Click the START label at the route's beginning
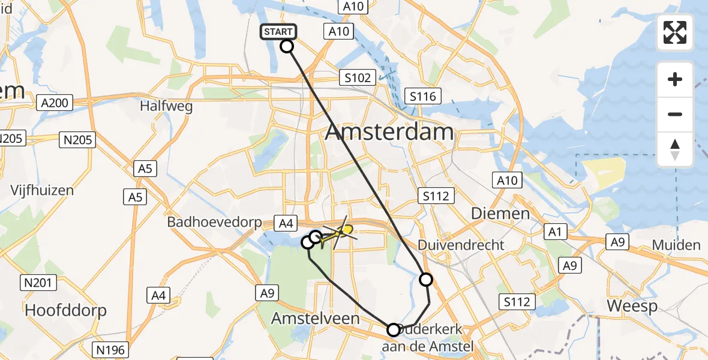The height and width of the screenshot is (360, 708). pyautogui.click(x=278, y=32)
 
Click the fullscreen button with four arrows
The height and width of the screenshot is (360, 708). pyautogui.click(x=675, y=32)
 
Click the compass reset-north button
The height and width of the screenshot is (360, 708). pyautogui.click(x=675, y=149)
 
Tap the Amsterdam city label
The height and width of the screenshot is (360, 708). pyautogui.click(x=389, y=132)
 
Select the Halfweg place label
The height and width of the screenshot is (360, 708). pyautogui.click(x=158, y=106)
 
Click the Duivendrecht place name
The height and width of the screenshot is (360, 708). pyautogui.click(x=461, y=245)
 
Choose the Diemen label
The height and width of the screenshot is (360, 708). pyautogui.click(x=500, y=213)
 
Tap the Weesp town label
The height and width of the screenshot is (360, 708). pyautogui.click(x=632, y=306)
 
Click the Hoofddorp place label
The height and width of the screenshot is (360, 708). pyautogui.click(x=65, y=310)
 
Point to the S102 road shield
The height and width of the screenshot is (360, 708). pyautogui.click(x=358, y=77)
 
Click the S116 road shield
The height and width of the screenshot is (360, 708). pyautogui.click(x=423, y=96)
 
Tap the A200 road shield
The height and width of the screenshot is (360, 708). pyautogui.click(x=55, y=103)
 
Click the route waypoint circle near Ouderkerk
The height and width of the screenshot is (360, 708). pyautogui.click(x=394, y=329)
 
